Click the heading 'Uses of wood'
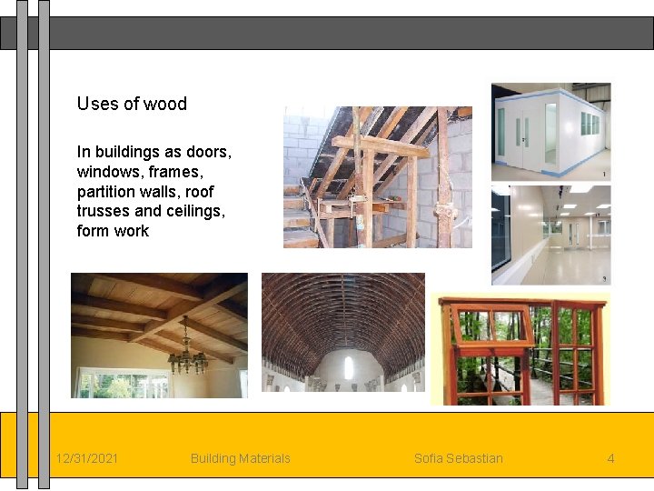pyautogui.click(x=132, y=104)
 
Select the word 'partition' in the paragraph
pyautogui.click(x=105, y=192)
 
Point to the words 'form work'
pyautogui.click(x=113, y=231)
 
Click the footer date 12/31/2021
pyautogui.click(x=86, y=458)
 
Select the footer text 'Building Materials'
pyautogui.click(x=240, y=458)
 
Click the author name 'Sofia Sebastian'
pyautogui.click(x=458, y=458)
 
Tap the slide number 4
pyautogui.click(x=610, y=458)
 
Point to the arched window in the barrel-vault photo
pyautogui.click(x=348, y=368)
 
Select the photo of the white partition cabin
pyautogui.click(x=550, y=132)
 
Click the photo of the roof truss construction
pyautogui.click(x=377, y=177)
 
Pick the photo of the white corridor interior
pyautogui.click(x=550, y=235)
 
